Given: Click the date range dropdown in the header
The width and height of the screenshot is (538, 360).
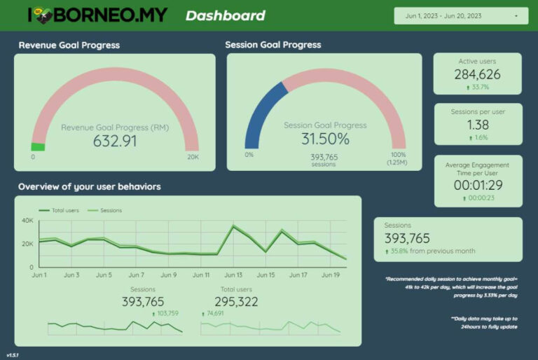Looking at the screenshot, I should [460, 15].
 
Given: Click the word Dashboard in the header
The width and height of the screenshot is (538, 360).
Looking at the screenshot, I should [225, 15].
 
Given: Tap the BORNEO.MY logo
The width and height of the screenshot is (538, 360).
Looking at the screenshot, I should [97, 15].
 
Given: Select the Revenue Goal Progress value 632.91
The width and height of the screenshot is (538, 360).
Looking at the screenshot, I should [115, 141].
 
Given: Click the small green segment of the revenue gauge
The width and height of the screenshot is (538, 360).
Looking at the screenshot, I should [38, 147].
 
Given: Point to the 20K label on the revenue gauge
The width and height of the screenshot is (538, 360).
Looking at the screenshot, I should [193, 158].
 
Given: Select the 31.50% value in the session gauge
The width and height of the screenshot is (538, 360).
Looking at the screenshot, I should [325, 139].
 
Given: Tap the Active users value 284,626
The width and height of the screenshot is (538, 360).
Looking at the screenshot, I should [477, 74].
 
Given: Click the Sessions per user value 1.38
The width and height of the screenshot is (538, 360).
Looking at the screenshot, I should [477, 125].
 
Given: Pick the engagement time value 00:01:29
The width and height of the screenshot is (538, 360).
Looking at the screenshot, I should [477, 185].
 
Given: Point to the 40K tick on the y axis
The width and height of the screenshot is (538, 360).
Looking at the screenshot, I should [27, 221].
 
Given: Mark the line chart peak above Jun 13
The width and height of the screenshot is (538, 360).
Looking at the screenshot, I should [233, 226].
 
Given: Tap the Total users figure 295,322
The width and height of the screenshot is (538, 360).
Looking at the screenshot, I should [229, 302].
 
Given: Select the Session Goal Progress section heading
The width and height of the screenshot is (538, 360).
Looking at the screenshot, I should [273, 45].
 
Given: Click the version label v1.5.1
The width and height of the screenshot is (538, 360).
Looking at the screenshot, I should [13, 354].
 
